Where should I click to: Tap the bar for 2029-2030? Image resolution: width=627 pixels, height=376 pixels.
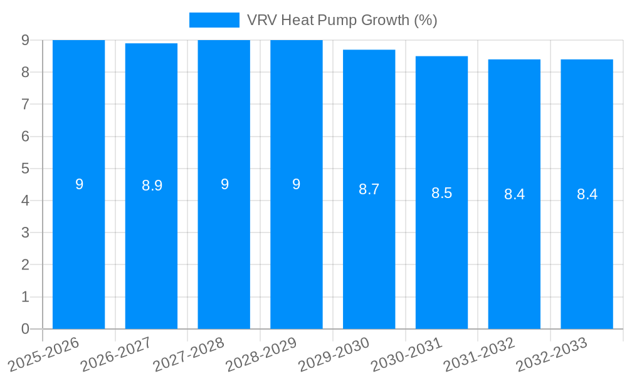click(369, 251)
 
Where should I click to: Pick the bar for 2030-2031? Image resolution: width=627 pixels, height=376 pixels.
click(441, 251)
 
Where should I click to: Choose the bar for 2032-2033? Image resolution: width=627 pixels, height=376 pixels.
click(587, 251)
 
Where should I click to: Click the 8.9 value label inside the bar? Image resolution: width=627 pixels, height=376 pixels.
click(152, 185)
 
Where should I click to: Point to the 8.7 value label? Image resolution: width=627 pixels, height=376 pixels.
click(369, 189)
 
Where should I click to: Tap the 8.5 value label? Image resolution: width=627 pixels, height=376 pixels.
click(441, 193)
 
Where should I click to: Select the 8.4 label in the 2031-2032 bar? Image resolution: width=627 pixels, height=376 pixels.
click(514, 194)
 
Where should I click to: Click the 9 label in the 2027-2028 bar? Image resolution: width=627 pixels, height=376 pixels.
click(224, 184)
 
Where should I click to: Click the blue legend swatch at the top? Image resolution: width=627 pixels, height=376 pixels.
click(214, 20)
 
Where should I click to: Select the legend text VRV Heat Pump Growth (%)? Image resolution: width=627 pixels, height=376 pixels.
click(342, 20)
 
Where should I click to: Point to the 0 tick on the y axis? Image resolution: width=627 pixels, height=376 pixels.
click(25, 329)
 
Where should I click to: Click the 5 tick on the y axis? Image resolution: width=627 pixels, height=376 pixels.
click(25, 169)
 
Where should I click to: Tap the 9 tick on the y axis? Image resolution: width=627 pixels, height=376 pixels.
click(25, 40)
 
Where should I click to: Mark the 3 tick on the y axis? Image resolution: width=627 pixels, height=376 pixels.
click(25, 232)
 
